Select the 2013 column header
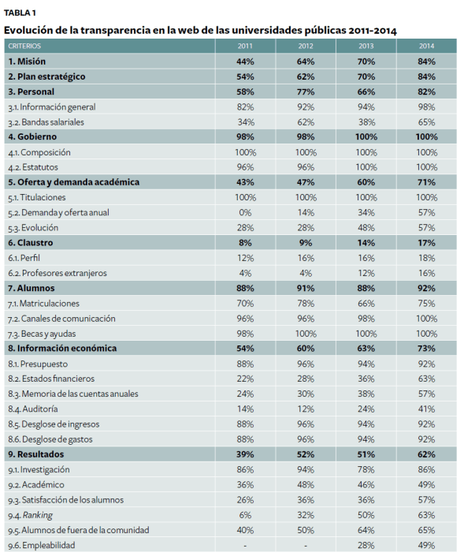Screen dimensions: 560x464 366,46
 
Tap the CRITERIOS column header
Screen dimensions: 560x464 24,46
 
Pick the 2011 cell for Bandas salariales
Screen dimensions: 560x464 245,122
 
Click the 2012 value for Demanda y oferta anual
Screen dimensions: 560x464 306,212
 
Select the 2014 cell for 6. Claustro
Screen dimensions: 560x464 426,243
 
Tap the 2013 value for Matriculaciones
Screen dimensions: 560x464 366,303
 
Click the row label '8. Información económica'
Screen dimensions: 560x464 62,348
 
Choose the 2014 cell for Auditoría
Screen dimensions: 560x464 426,409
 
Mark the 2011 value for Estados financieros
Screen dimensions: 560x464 245,379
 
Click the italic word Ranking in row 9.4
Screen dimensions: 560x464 39,515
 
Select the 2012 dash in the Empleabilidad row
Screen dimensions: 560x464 306,545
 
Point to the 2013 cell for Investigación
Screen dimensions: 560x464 366,469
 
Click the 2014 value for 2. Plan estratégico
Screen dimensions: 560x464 426,77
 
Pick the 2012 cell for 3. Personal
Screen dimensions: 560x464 306,91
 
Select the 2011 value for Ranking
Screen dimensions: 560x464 245,515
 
